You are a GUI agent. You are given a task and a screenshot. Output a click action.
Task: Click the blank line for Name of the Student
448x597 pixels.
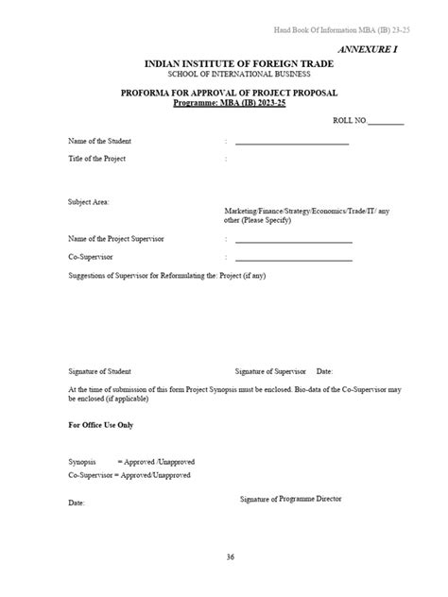292,143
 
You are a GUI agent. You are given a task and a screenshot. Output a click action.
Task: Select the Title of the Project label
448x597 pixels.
97,159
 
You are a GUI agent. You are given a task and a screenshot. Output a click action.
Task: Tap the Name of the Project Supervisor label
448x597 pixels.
116,239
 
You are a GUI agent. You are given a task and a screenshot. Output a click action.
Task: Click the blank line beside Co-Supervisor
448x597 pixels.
294,258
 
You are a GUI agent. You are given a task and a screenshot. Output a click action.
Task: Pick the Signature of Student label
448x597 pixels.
100,371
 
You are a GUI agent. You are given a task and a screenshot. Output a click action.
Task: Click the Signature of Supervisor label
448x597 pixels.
268,371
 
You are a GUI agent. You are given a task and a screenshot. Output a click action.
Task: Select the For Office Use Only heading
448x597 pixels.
101,425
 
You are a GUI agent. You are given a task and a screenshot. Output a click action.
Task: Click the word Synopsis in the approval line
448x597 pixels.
82,461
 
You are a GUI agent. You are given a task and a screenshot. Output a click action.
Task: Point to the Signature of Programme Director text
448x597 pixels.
291,498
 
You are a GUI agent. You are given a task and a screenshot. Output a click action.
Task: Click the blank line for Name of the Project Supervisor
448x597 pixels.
294,240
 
